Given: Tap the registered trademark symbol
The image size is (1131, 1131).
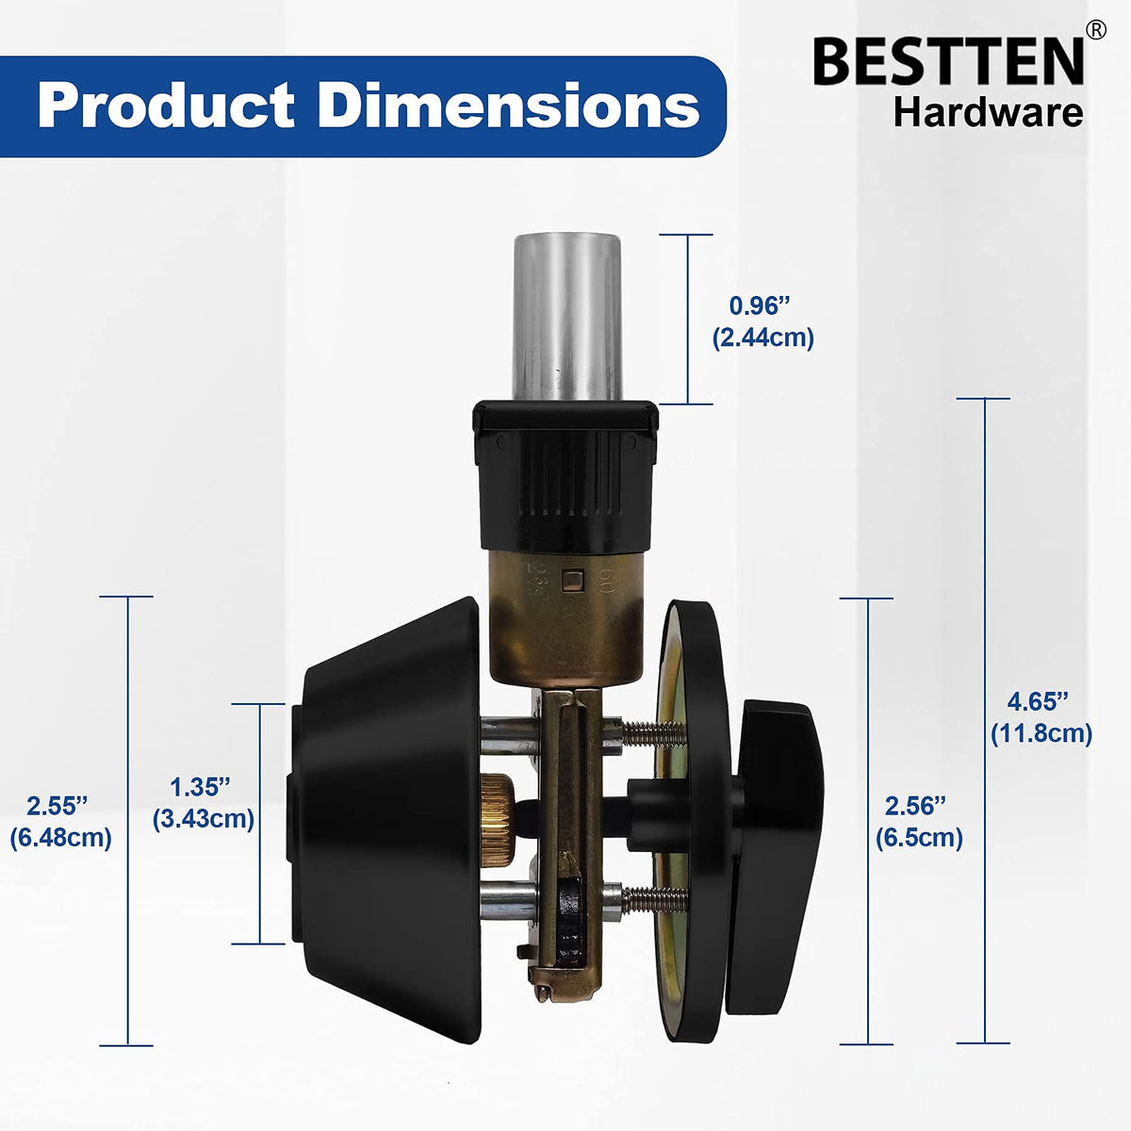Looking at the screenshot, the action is [x=1096, y=29].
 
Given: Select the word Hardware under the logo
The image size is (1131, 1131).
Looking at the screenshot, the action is [x=988, y=114].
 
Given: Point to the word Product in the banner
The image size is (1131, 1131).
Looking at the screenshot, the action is [x=166, y=106].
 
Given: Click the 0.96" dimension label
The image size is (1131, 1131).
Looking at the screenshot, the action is [x=760, y=305].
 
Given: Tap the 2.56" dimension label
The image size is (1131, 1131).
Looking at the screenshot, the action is [x=915, y=807].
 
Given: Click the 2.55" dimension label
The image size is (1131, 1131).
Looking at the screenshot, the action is [x=57, y=806].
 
